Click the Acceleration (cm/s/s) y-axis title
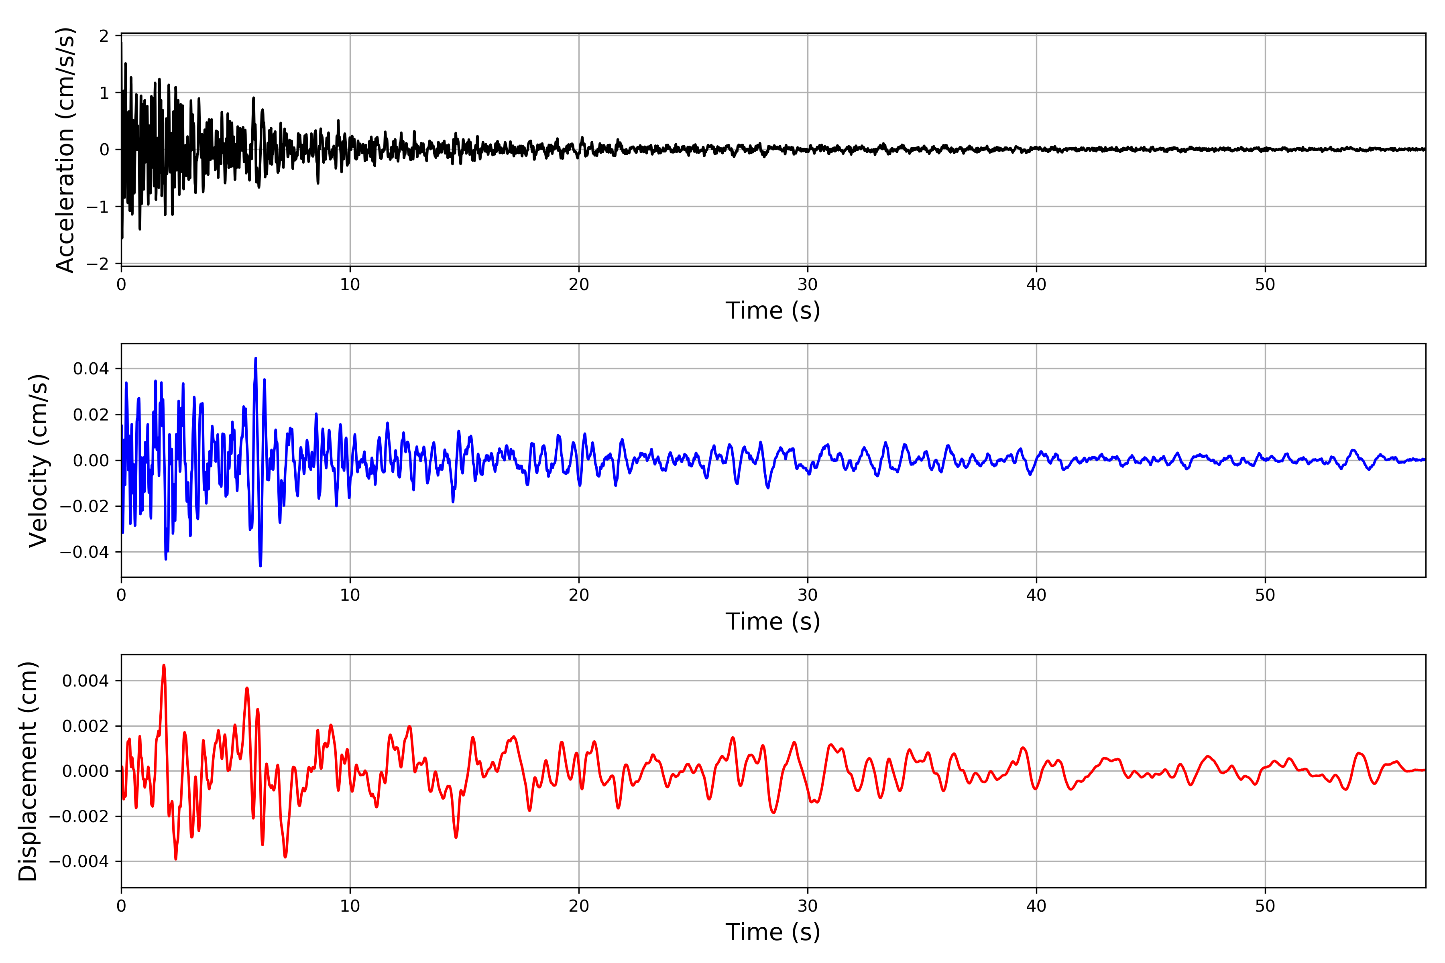[x=65, y=150]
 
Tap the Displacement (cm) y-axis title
[x=28, y=771]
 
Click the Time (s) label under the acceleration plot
[x=772, y=311]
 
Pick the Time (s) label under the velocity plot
[x=772, y=622]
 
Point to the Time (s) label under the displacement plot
[x=772, y=932]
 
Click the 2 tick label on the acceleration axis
[x=104, y=36]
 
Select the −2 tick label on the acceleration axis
[x=97, y=264]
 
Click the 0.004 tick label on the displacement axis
[x=85, y=681]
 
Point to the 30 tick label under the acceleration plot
[x=807, y=284]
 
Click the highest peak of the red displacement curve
[x=163, y=665]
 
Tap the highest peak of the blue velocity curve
[x=256, y=358]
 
